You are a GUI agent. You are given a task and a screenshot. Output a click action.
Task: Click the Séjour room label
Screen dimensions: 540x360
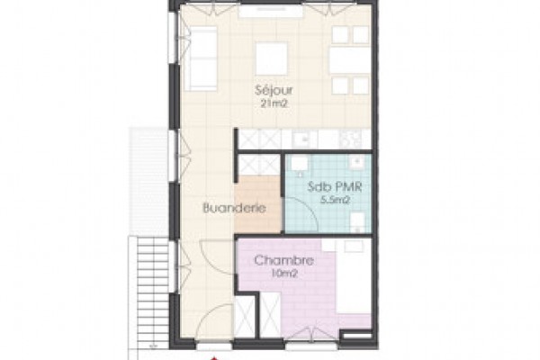(x=274, y=90)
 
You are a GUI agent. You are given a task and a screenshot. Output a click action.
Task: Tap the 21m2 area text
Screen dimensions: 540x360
(x=274, y=103)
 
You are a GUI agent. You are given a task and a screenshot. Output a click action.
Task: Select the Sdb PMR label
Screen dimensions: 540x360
(x=335, y=187)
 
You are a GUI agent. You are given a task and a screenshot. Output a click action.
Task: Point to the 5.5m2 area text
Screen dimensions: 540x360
(x=335, y=200)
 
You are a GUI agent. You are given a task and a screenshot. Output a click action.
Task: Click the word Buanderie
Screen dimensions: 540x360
(x=234, y=208)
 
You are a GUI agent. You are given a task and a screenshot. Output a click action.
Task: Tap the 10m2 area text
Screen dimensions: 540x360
(x=284, y=274)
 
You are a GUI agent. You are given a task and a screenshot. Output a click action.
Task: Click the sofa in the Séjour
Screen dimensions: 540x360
(x=201, y=58)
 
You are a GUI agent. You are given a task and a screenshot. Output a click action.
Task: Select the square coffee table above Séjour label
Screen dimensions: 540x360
(x=272, y=58)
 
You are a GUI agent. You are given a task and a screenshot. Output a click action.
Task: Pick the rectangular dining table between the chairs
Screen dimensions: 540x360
(x=349, y=60)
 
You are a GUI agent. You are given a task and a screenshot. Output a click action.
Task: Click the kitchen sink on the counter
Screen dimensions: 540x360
(x=304, y=139)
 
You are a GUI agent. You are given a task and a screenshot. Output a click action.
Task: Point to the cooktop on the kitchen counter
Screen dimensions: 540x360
(x=350, y=139)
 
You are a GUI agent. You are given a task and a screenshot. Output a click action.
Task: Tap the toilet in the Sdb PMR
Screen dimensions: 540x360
(x=358, y=221)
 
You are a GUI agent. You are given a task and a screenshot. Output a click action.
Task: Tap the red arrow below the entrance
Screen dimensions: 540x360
(x=214, y=358)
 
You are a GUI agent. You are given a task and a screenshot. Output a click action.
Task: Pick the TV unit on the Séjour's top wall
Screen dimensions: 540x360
(x=271, y=11)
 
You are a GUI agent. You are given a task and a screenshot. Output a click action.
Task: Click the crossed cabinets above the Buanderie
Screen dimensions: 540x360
(x=259, y=165)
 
